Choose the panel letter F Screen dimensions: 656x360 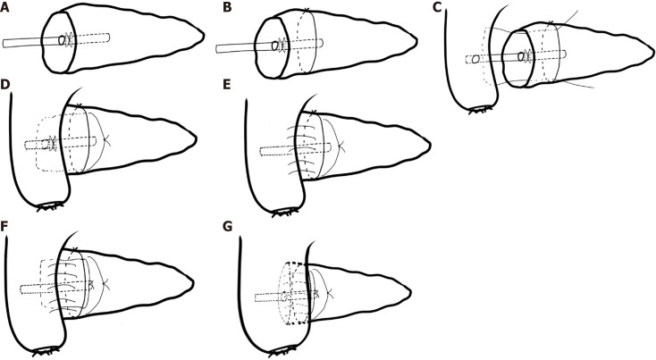tap(7, 223)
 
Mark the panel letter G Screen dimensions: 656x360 tap(229, 223)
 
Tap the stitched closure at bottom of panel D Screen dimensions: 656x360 tap(53, 206)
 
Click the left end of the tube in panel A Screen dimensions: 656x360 tap(4, 42)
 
